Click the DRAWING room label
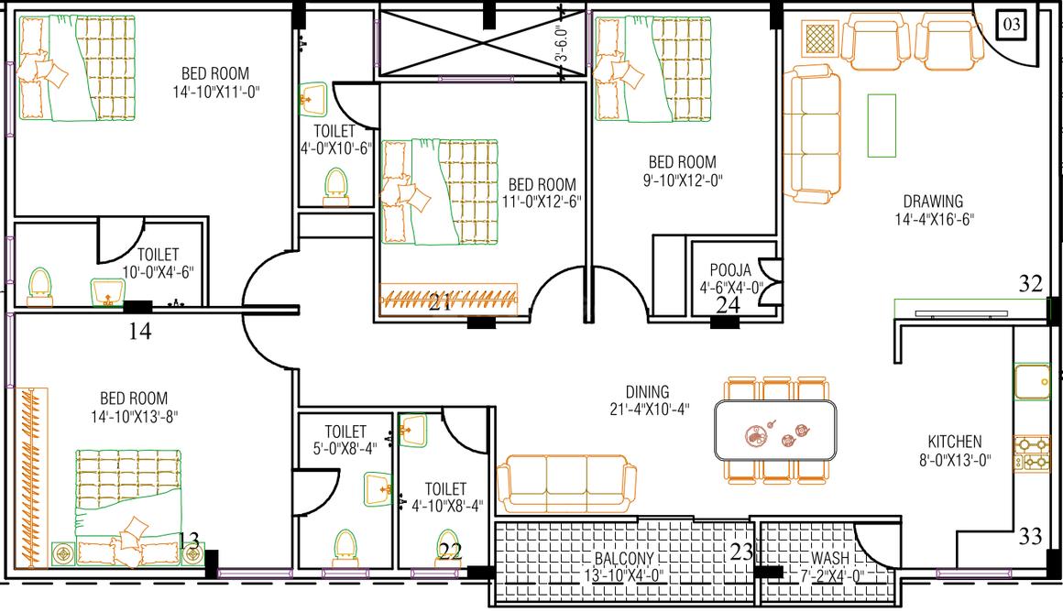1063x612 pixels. (x=933, y=202)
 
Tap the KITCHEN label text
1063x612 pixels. (x=955, y=442)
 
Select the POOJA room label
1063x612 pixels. (x=730, y=269)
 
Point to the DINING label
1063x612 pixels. (x=648, y=392)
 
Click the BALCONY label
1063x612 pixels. (x=624, y=559)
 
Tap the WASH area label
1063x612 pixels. (x=830, y=558)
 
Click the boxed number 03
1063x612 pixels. (x=1011, y=25)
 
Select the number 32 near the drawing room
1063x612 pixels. (x=1030, y=283)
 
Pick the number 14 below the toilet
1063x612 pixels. (x=139, y=331)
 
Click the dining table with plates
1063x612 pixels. (x=775, y=431)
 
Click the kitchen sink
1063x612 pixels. (x=1032, y=381)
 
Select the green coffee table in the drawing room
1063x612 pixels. (x=882, y=126)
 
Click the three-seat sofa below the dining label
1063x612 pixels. (x=566, y=483)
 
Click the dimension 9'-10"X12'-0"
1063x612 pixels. (x=682, y=180)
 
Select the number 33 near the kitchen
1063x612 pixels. (x=1030, y=537)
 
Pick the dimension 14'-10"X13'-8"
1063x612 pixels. (x=134, y=416)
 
